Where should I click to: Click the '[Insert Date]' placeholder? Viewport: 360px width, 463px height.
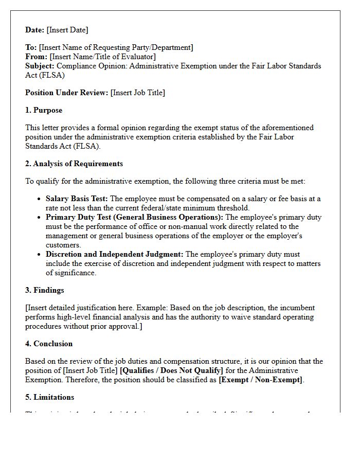pyautogui.click(x=67, y=30)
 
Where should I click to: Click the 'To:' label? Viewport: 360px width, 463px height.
pyautogui.click(x=31, y=47)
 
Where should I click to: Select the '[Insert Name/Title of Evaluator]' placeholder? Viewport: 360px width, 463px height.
pyautogui.click(x=103, y=57)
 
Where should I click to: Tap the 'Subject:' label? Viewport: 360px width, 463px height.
pyautogui.click(x=40, y=66)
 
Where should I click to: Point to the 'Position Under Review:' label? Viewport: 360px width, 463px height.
pyautogui.click(x=67, y=93)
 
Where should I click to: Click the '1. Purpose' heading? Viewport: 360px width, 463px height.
pyautogui.click(x=44, y=110)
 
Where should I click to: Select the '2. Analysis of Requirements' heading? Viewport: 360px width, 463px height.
pyautogui.click(x=74, y=164)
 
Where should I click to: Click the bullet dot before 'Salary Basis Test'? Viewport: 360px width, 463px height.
pyautogui.click(x=40, y=199)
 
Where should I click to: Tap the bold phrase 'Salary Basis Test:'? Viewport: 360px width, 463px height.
pyautogui.click(x=77, y=199)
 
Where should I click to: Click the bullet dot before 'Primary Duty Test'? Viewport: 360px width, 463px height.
pyautogui.click(x=40, y=218)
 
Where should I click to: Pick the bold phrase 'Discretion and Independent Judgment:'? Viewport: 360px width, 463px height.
pyautogui.click(x=114, y=254)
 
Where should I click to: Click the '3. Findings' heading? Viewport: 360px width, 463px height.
pyautogui.click(x=45, y=290)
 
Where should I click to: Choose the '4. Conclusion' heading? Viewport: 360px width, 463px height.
pyautogui.click(x=49, y=344)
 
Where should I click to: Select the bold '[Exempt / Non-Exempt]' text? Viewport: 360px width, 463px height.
pyautogui.click(x=261, y=380)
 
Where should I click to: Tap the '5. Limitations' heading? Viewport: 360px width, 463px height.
pyautogui.click(x=49, y=397)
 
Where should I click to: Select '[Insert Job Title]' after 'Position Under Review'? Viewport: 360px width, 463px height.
pyautogui.click(x=138, y=93)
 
